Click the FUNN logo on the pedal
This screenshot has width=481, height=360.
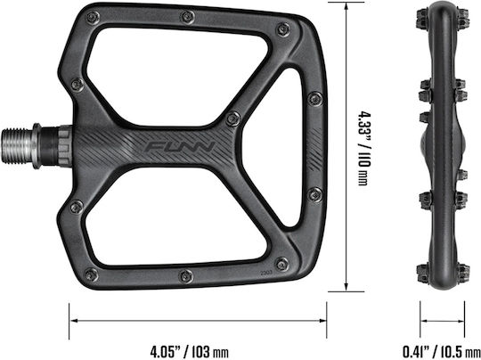[180, 147]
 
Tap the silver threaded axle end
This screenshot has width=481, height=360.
[17, 146]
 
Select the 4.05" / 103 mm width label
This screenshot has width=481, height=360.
[189, 350]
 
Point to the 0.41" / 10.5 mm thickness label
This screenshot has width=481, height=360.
[442, 351]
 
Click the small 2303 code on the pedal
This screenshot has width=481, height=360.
[265, 271]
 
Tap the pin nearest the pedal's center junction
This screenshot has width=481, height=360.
[232, 119]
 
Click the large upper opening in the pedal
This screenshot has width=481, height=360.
[179, 77]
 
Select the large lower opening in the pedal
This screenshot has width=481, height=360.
[177, 217]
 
